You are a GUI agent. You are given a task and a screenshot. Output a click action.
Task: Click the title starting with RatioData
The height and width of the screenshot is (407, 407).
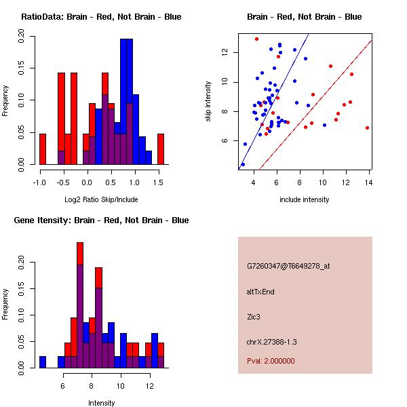click(x=101, y=17)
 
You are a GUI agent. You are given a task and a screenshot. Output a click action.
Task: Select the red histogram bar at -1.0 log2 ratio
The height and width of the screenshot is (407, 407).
click(x=43, y=149)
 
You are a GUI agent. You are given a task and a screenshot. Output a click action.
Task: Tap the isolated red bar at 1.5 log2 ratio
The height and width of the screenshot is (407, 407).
click(x=161, y=149)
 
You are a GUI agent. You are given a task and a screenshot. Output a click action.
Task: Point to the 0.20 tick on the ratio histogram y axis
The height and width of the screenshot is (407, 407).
click(x=21, y=37)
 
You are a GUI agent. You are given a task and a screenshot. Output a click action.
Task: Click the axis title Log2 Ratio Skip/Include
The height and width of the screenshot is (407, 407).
click(x=101, y=199)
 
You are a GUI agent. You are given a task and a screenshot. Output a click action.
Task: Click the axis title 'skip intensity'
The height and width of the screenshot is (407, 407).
click(x=208, y=101)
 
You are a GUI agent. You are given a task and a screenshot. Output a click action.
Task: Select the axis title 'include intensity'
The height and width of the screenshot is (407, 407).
click(x=304, y=199)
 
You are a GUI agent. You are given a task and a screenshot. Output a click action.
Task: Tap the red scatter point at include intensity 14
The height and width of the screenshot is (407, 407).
click(x=367, y=128)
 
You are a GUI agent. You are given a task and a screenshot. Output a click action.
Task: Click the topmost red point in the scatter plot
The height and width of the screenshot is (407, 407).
click(x=256, y=39)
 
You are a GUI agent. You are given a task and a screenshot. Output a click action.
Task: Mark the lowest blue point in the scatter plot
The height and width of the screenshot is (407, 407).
click(x=243, y=165)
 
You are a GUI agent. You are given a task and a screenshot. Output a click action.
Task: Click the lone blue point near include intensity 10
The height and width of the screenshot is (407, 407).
click(x=324, y=125)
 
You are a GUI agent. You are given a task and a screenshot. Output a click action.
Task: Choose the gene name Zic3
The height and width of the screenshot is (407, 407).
click(x=254, y=317)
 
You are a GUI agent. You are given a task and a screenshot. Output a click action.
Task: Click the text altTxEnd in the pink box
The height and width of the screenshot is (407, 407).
click(x=260, y=292)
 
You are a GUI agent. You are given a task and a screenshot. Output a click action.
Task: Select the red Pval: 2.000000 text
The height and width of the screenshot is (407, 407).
click(x=271, y=361)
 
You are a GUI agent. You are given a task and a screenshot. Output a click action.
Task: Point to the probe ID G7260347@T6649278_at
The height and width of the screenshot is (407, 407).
click(x=288, y=267)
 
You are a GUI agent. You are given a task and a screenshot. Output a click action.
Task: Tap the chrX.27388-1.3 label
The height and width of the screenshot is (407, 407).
click(x=271, y=342)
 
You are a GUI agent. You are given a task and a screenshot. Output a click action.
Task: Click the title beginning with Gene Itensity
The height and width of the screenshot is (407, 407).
click(x=101, y=220)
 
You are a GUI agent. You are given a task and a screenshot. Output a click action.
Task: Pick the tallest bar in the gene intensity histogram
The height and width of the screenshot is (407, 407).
click(x=80, y=305)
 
